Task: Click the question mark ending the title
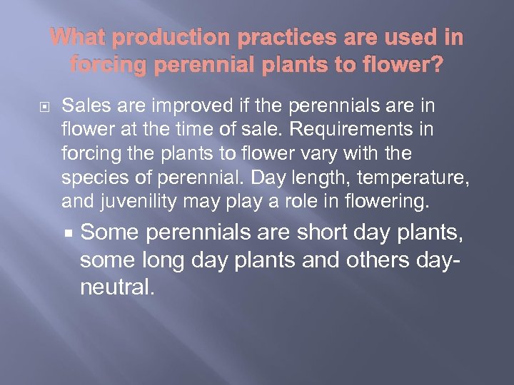[436, 65]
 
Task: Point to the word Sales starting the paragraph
[82, 106]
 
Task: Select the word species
[89, 178]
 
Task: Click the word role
[285, 202]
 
